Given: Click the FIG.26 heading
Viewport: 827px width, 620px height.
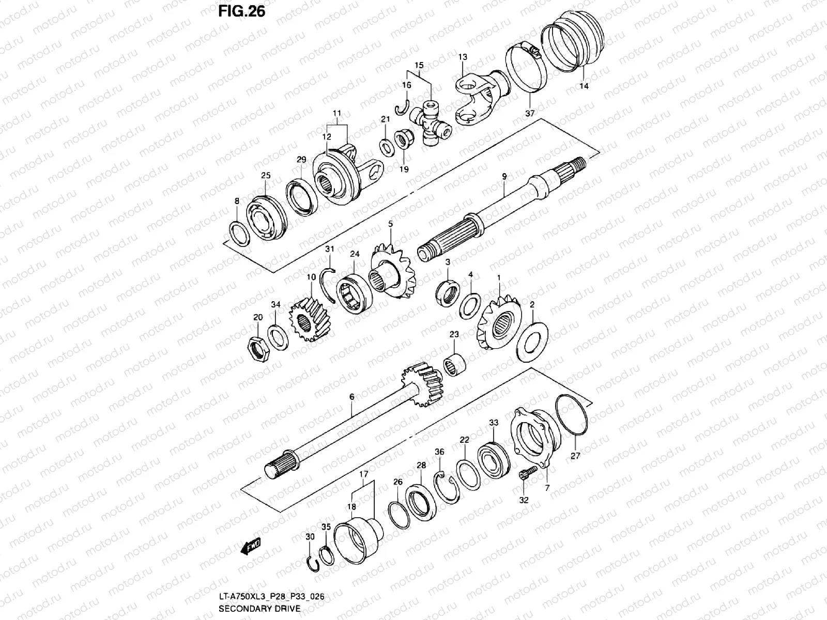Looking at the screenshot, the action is [x=241, y=12].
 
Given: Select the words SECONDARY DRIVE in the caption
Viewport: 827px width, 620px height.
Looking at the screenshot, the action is [x=259, y=609].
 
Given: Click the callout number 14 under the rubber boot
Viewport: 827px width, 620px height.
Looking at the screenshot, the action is [x=584, y=86].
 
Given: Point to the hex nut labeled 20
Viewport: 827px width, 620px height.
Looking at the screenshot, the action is [x=259, y=350].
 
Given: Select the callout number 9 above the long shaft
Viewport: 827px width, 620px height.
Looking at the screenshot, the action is [x=504, y=176].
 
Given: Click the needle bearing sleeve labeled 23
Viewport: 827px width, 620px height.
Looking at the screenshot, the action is [x=454, y=365].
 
